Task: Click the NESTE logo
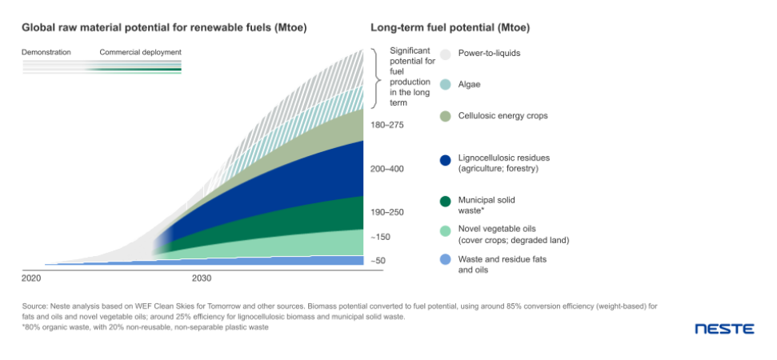[723, 329]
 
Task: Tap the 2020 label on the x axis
[31, 278]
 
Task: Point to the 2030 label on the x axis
[202, 278]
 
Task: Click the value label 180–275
[388, 126]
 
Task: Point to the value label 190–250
[388, 213]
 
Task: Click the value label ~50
[379, 261]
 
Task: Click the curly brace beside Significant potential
[377, 78]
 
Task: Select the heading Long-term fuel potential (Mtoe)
[451, 28]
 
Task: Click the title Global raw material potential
[164, 28]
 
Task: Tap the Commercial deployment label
[140, 53]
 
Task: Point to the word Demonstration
[46, 53]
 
